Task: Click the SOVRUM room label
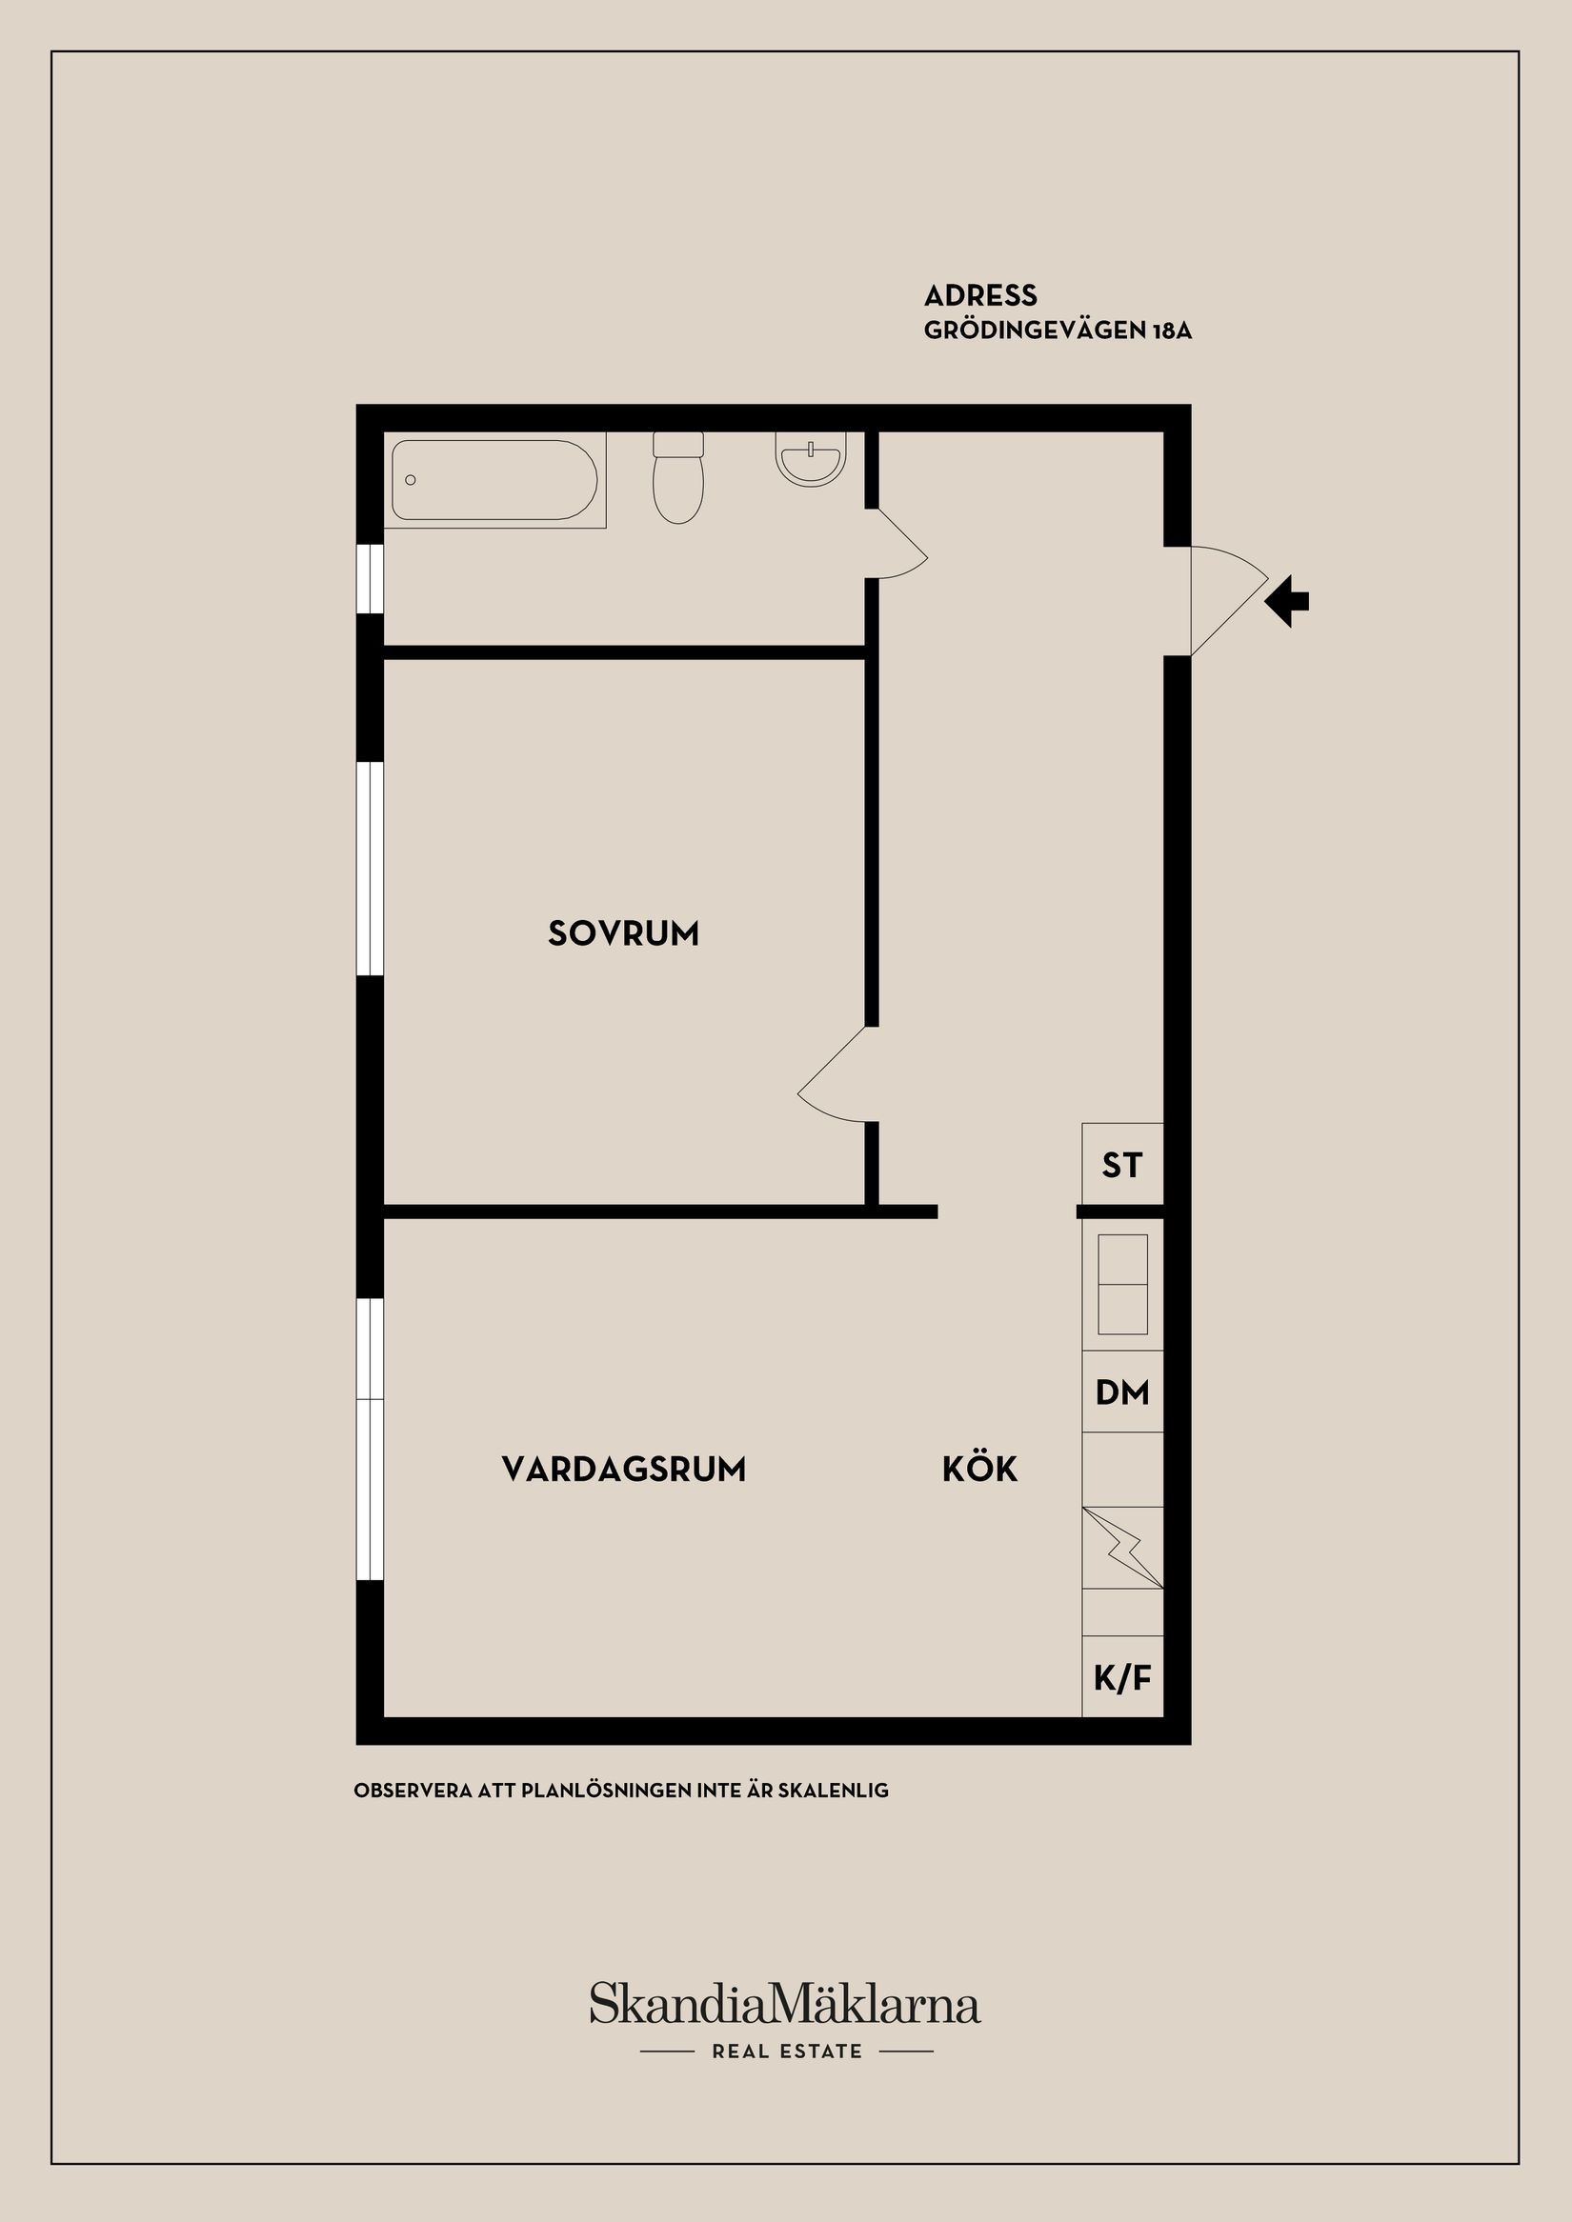(x=622, y=934)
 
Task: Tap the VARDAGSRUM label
(x=623, y=1469)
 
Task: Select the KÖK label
(x=979, y=1469)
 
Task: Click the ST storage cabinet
(x=1122, y=1165)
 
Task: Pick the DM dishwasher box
(x=1122, y=1392)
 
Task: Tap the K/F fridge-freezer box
(x=1122, y=1678)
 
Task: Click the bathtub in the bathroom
(x=494, y=480)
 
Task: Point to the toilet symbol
(x=677, y=478)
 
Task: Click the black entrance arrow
(x=1288, y=601)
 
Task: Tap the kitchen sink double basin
(x=1122, y=1284)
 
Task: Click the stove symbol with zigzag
(x=1122, y=1549)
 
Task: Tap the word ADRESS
(x=979, y=295)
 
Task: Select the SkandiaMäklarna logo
(x=785, y=2003)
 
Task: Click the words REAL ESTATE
(x=786, y=2052)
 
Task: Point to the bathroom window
(x=371, y=579)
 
